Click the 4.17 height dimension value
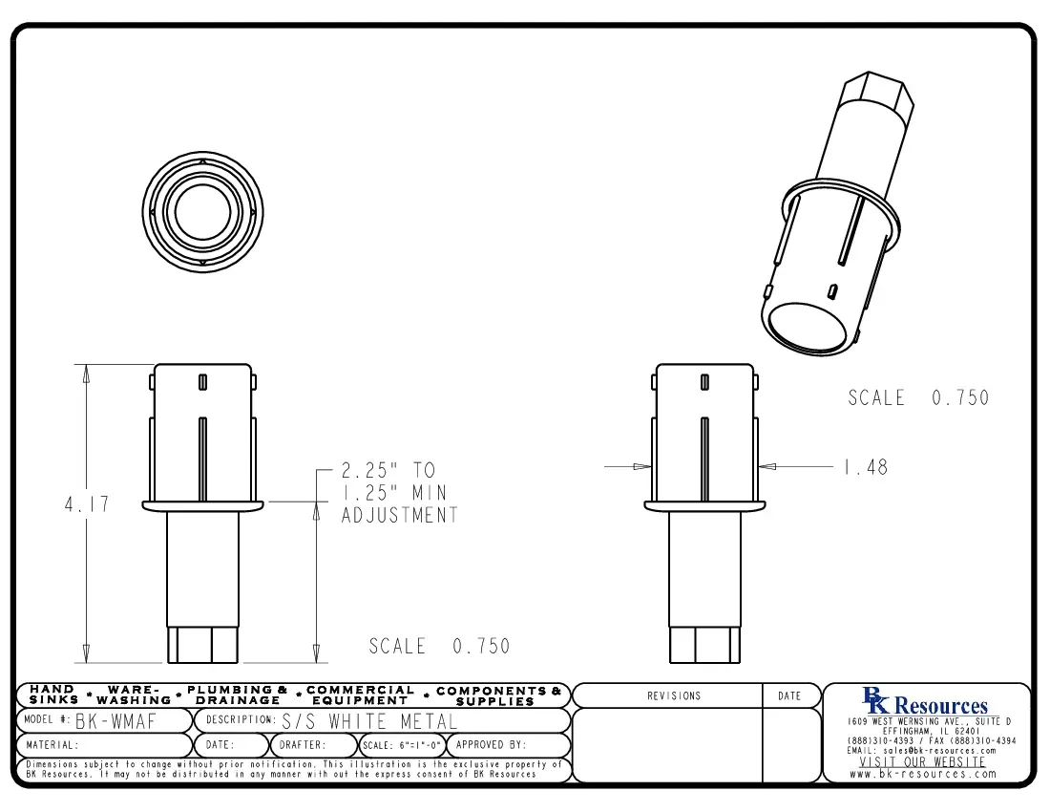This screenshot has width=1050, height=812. coord(87,504)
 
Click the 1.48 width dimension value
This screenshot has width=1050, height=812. coord(865,467)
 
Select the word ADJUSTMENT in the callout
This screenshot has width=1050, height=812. coord(400,516)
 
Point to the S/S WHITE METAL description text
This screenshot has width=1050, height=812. coord(370,720)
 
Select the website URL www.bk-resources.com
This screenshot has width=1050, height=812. coord(923,774)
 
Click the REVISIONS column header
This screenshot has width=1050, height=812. coord(674,696)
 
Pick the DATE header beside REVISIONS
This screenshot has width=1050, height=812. coord(790,696)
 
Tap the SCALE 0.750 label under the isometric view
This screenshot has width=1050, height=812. coord(918,398)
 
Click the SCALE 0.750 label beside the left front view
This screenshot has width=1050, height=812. coord(439,647)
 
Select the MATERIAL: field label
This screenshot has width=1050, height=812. coord(52,745)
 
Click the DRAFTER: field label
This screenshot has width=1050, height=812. coord(303,745)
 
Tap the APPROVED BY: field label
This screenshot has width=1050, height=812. coord(491,745)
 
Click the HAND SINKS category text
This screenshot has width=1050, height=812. coord(54,694)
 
